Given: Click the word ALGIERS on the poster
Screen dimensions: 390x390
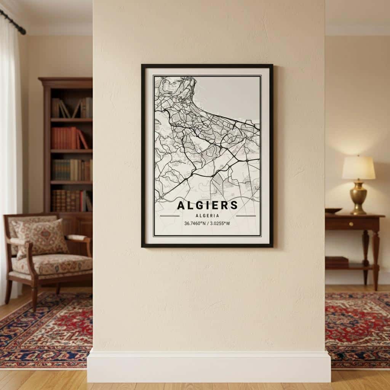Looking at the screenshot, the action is click(208, 205).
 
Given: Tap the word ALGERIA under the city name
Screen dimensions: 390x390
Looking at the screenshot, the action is click(208, 216).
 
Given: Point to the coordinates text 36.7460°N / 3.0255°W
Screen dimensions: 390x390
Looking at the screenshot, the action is click(207, 224).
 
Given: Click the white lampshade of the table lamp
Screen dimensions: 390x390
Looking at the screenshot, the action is click(358, 168).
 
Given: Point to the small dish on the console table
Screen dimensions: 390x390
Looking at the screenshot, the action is click(334, 211).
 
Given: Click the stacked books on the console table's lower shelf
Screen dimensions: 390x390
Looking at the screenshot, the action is click(337, 262).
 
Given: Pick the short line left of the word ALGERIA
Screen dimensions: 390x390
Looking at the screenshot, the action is click(169, 216).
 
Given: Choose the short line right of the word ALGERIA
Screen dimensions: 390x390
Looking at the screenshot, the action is click(246, 216).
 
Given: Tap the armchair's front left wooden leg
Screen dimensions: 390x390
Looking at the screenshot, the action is click(34, 297).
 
